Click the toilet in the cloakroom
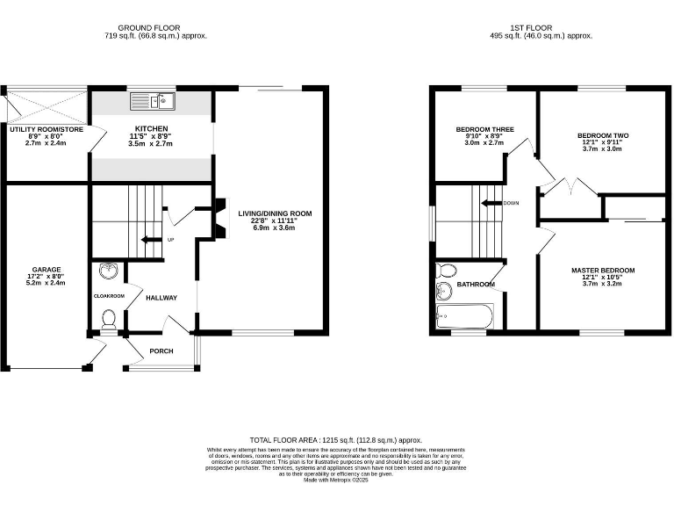point(109,318)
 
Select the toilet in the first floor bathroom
point(445,270)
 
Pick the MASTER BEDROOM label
point(602,271)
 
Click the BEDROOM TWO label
point(602,135)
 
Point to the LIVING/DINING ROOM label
point(275,213)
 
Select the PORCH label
point(161,351)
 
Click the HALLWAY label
point(161,298)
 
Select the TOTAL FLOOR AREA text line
point(336,439)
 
